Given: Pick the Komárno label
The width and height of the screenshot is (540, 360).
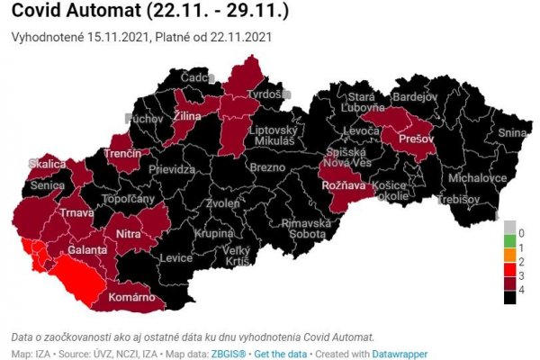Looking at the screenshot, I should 133,298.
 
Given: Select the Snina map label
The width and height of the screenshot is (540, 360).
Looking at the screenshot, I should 510,133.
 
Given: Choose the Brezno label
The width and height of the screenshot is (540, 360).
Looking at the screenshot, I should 267,168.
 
